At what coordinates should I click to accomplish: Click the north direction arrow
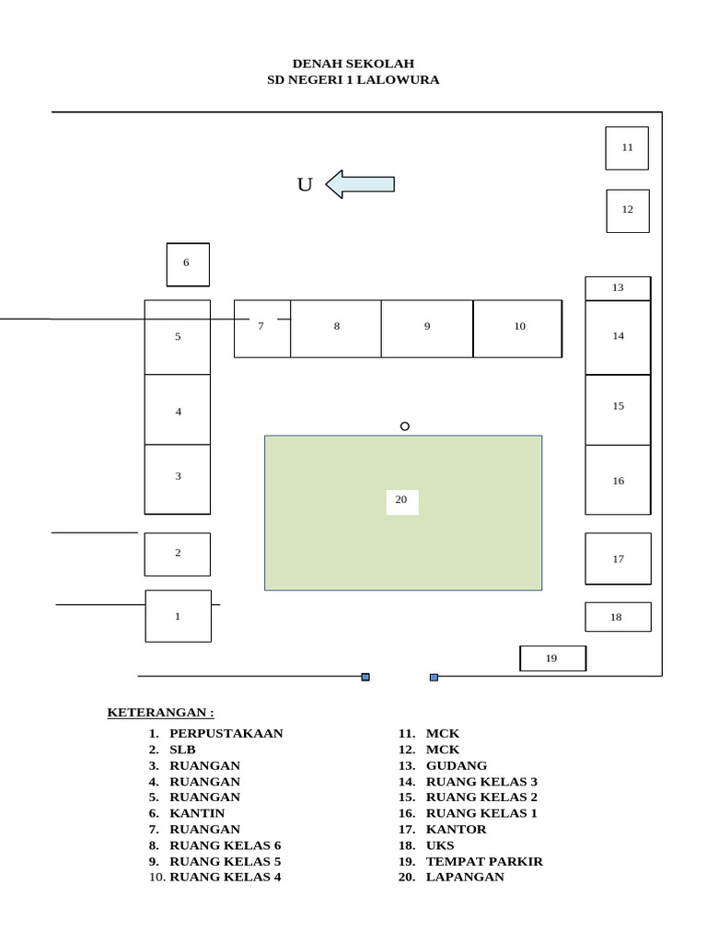click(x=360, y=184)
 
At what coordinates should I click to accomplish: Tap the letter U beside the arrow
click(x=305, y=184)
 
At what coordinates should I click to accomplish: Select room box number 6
click(x=188, y=264)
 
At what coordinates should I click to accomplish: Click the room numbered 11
click(x=627, y=148)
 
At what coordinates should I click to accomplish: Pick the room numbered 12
click(x=628, y=211)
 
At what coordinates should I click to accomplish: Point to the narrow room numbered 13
click(x=618, y=288)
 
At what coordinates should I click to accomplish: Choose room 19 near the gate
click(x=552, y=658)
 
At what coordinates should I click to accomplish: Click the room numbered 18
click(x=618, y=617)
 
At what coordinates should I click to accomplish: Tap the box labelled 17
click(x=618, y=559)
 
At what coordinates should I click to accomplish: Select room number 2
click(x=178, y=554)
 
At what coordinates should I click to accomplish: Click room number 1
click(x=179, y=616)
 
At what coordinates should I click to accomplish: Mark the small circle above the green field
click(x=405, y=426)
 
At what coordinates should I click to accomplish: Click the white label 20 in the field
click(x=402, y=502)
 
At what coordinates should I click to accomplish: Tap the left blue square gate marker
click(x=365, y=677)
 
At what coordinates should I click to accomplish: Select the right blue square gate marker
click(x=435, y=677)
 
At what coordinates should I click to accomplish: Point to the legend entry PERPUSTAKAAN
click(x=226, y=734)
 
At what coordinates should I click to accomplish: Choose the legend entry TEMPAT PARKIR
click(x=484, y=862)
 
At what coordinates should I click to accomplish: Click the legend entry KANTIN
click(x=197, y=814)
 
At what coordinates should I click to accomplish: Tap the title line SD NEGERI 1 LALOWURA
click(x=353, y=80)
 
